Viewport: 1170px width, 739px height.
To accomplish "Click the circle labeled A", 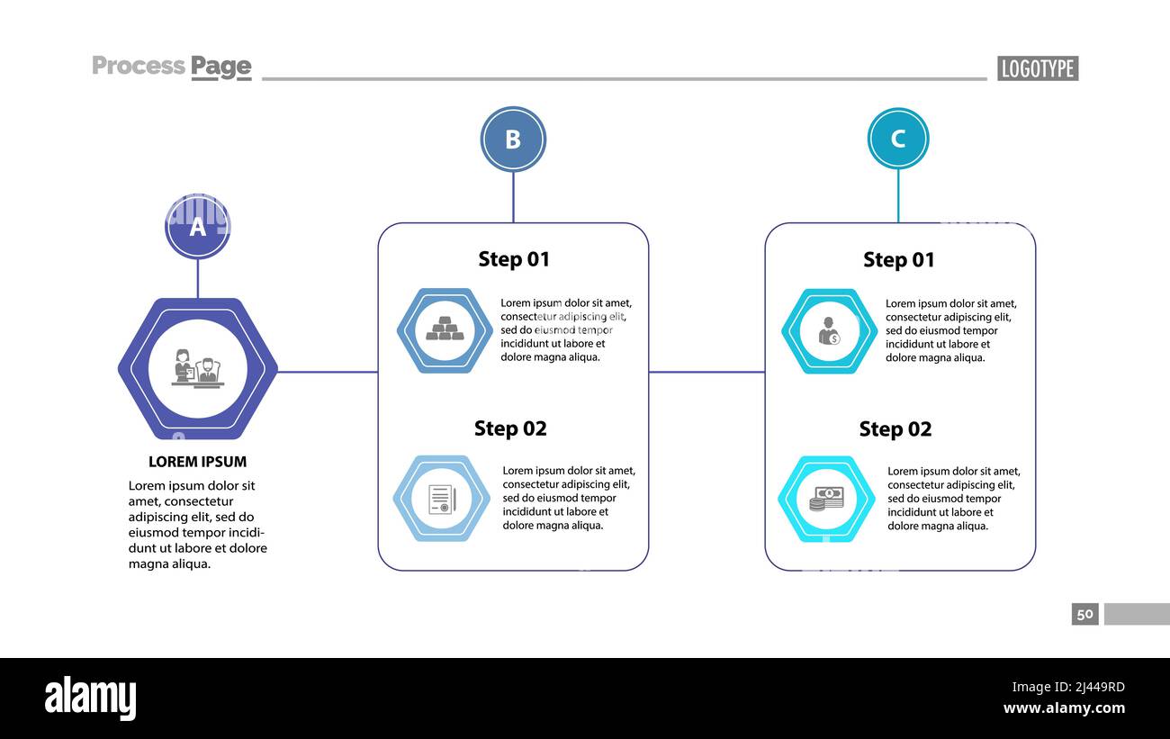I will (x=198, y=227).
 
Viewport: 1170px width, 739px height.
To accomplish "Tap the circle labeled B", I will (x=513, y=140).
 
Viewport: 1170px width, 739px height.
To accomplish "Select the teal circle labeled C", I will (x=897, y=139).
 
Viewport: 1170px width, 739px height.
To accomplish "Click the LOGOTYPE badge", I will (x=1037, y=68).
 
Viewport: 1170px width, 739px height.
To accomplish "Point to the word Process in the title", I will (x=138, y=66).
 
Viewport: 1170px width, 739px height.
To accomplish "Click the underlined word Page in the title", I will (x=220, y=67).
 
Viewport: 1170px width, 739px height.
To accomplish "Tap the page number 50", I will (x=1084, y=614).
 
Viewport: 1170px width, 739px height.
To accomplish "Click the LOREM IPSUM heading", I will (x=197, y=462).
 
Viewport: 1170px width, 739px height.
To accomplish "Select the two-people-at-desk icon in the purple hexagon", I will (x=198, y=369).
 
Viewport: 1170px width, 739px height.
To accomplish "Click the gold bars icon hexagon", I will (x=445, y=330).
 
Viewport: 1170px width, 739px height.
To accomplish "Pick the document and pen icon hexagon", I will (x=442, y=499).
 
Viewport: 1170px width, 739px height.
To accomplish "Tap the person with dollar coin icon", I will (x=829, y=331).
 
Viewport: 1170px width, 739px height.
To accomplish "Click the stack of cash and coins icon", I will (x=826, y=499).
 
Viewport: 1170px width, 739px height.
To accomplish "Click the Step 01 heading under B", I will (x=513, y=259).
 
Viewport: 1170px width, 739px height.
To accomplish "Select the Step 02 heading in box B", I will (x=510, y=428).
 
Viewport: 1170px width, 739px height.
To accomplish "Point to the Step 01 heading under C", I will (x=898, y=260).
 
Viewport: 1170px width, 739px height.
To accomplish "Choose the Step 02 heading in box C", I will (x=895, y=429).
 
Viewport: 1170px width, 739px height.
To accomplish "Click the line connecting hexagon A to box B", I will (x=328, y=371).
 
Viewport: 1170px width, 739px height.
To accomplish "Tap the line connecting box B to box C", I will (x=706, y=371).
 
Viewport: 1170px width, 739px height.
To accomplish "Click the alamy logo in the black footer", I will (x=90, y=698).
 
